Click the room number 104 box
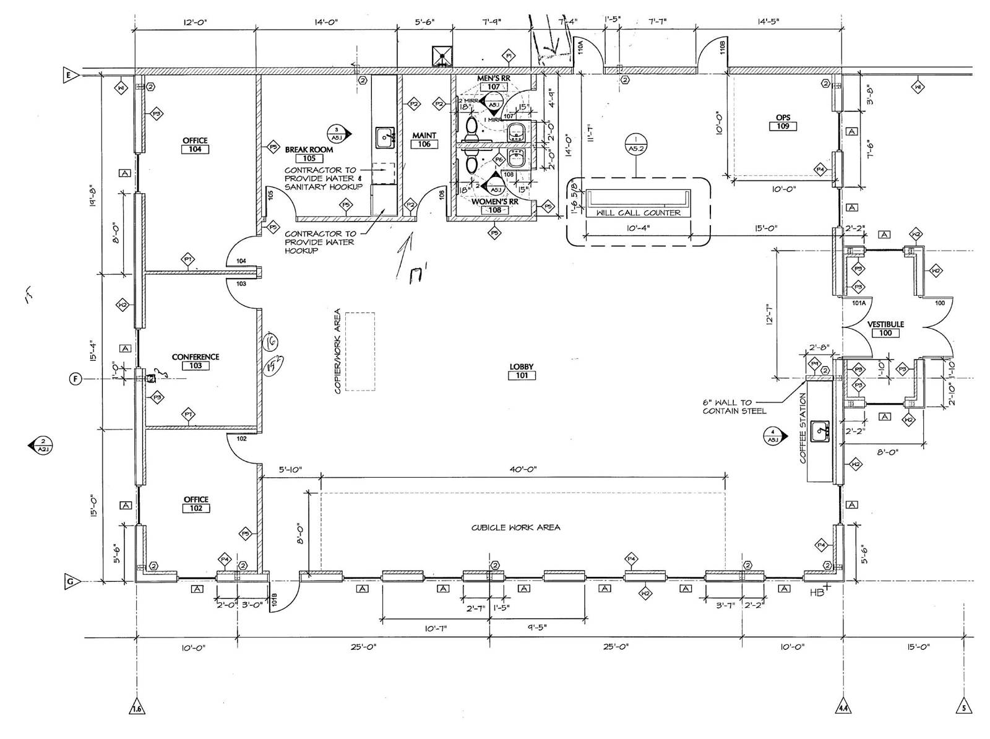195,149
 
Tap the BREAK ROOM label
309,150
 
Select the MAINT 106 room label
424,139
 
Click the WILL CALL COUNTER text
638,213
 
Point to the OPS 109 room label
783,122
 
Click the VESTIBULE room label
885,324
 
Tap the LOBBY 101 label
522,371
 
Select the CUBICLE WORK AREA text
515,528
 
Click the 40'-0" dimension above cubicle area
523,470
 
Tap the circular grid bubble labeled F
75,379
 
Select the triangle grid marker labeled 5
963,708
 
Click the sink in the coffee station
821,429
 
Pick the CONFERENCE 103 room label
196,361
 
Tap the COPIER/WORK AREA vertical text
338,351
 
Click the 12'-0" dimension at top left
195,22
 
